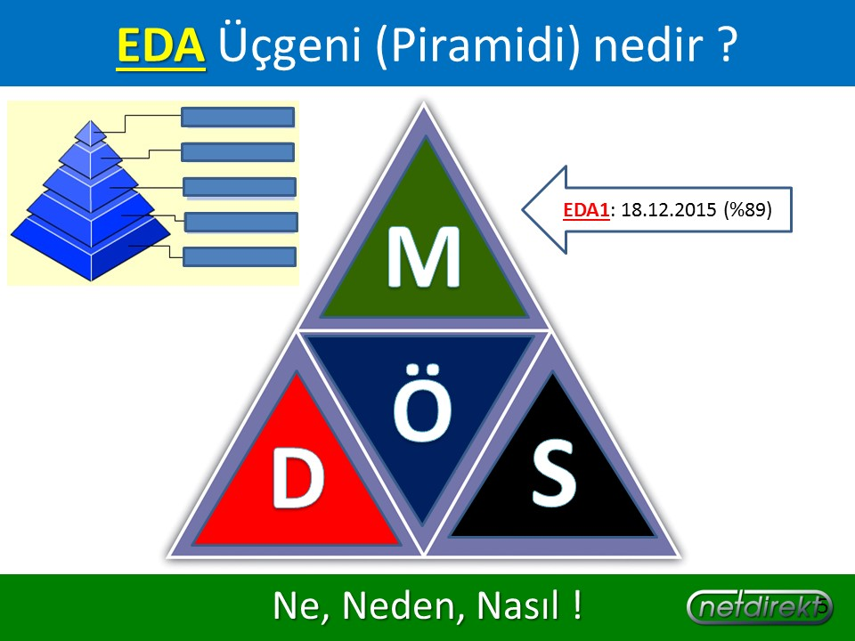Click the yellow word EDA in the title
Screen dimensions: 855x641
pos(161,45)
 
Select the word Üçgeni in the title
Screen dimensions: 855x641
pos(289,45)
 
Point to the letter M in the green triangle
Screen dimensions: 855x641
pos(424,256)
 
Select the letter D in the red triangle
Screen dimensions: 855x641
pos(298,478)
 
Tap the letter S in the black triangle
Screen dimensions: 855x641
pos(553,473)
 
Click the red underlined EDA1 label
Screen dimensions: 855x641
pos(586,210)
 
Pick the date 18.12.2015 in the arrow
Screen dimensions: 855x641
pos(669,210)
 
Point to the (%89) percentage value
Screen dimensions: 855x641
pos(747,210)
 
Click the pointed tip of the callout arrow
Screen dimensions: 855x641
pos(523,210)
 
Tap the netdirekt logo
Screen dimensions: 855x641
pos(759,606)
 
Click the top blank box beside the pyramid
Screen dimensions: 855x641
pos(238,118)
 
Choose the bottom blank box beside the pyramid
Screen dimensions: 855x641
pos(240,256)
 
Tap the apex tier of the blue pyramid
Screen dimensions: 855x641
pos(90,132)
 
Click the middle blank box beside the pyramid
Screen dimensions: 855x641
pos(240,187)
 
